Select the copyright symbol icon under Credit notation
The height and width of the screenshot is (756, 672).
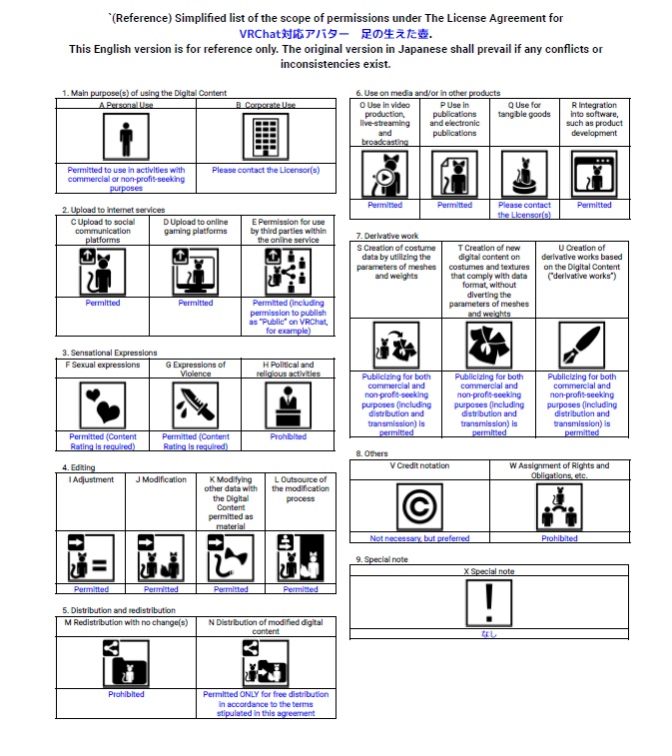point(419,505)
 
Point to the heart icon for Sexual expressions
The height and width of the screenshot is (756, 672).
point(103,405)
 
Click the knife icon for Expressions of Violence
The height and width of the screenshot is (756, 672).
point(196,405)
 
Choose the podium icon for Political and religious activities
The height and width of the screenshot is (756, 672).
point(289,405)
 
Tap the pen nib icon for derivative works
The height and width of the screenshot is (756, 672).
point(582,346)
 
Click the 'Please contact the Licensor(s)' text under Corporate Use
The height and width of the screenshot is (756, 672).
point(266,171)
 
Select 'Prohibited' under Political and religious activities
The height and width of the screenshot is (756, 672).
point(289,436)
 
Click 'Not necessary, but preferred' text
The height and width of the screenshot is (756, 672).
point(419,538)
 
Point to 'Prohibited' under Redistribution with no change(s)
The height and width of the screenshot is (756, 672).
point(126,694)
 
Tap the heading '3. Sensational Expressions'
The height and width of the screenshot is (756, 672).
point(110,353)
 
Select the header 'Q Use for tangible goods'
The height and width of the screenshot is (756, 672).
point(524,110)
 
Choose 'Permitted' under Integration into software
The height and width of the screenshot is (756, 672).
point(594,205)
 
